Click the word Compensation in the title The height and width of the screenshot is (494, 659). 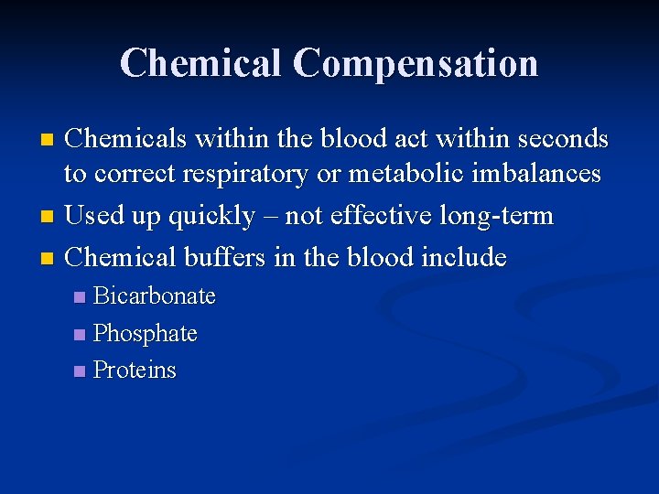pyautogui.click(x=416, y=64)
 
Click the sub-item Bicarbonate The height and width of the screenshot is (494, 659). pyautogui.click(x=155, y=296)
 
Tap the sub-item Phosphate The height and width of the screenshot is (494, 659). pyautogui.click(x=146, y=334)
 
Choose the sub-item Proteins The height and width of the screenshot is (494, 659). pyautogui.click(x=135, y=370)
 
